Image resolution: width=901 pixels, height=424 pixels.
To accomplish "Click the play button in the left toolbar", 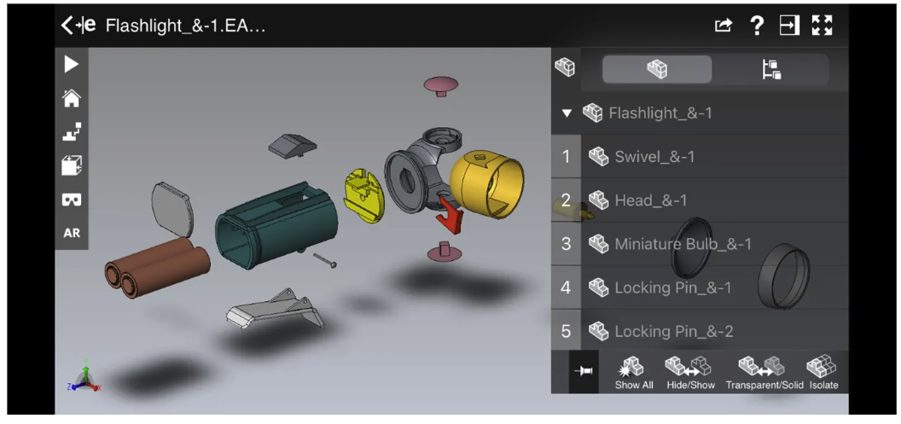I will pyautogui.click(x=72, y=65).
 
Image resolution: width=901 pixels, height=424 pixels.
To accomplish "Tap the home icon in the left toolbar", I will pyautogui.click(x=72, y=99).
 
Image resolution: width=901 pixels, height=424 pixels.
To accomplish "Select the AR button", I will pyautogui.click(x=72, y=233).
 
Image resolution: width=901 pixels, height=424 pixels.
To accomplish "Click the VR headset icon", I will pyautogui.click(x=72, y=200).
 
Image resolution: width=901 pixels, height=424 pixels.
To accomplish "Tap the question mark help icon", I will pyautogui.click(x=757, y=26).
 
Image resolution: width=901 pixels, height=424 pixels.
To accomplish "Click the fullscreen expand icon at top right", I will pyautogui.click(x=822, y=26).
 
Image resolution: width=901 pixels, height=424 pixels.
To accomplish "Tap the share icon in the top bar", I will pyautogui.click(x=724, y=26).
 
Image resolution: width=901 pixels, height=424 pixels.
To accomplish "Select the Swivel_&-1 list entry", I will pyautogui.click(x=654, y=157).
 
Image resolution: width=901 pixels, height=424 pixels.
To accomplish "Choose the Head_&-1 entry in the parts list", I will pyautogui.click(x=650, y=201).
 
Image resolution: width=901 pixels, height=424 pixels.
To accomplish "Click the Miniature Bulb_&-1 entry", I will pyautogui.click(x=683, y=245).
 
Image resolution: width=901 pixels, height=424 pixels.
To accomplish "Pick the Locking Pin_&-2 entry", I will pyautogui.click(x=673, y=332).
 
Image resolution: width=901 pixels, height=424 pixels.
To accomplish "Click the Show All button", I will pyautogui.click(x=633, y=373).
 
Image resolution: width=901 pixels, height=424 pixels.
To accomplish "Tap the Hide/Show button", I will pyautogui.click(x=690, y=373).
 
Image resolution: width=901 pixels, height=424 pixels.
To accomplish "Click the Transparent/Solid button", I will pyautogui.click(x=764, y=373).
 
